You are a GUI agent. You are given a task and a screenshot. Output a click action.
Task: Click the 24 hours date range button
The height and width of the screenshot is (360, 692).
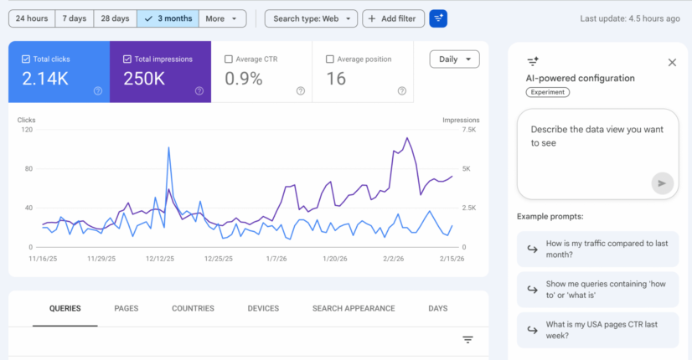point(31,18)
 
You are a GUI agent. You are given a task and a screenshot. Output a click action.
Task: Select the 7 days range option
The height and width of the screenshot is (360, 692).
point(74,18)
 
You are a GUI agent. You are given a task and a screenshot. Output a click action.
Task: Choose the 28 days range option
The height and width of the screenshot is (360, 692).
point(114,18)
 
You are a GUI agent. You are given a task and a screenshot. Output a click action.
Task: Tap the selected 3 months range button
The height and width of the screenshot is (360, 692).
point(168,18)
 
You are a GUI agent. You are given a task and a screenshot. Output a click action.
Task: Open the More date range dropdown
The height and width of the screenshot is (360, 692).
point(225,18)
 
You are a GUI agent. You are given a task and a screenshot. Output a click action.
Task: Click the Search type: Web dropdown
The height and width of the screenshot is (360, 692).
point(311,18)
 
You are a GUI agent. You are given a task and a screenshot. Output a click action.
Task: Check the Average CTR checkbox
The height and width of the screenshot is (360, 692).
point(229,59)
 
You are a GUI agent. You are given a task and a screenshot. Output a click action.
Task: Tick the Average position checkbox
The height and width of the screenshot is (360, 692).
point(329,59)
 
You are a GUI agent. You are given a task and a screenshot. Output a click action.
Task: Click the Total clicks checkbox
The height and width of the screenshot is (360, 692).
point(26,59)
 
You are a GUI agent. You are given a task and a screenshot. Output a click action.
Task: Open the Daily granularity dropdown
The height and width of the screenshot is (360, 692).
point(454,59)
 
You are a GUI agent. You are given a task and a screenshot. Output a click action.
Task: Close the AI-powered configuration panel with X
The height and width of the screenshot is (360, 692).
point(672,62)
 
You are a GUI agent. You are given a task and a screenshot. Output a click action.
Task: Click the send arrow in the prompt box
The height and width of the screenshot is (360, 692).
point(662,183)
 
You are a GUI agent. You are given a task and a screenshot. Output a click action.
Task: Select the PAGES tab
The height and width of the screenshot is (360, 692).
point(126,308)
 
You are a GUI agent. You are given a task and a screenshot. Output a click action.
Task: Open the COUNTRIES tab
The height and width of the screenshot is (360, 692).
point(193,308)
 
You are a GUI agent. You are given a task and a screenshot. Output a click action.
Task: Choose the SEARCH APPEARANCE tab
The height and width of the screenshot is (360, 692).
point(353,308)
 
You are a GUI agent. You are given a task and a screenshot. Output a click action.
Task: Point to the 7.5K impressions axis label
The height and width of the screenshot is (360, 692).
point(465,130)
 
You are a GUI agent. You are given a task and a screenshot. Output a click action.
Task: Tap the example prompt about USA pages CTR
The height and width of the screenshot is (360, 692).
point(596,330)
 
